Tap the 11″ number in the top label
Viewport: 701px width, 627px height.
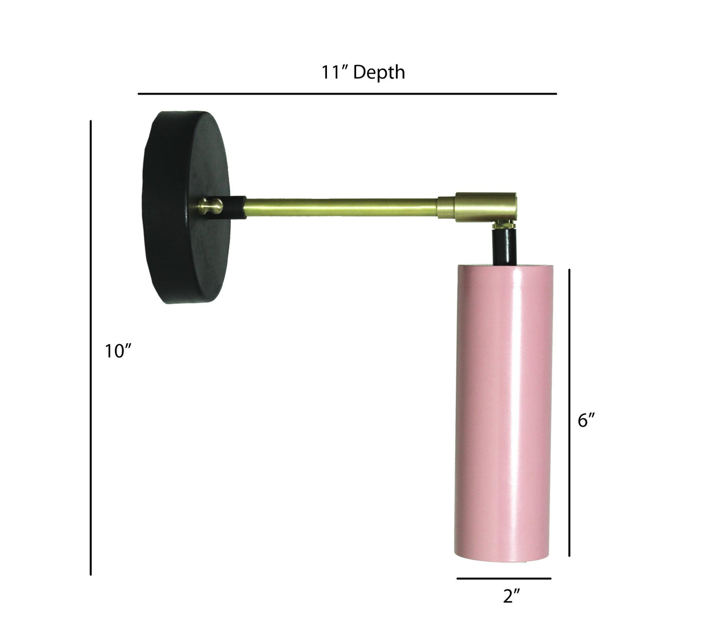click(x=335, y=72)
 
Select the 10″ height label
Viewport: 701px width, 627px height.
click(x=118, y=351)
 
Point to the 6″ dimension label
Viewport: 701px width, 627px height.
click(x=586, y=420)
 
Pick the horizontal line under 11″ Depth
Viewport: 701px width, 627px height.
click(x=347, y=94)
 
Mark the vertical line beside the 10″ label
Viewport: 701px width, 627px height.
click(x=91, y=347)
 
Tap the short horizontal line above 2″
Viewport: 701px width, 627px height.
click(x=504, y=578)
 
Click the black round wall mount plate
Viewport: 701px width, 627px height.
click(x=186, y=207)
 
